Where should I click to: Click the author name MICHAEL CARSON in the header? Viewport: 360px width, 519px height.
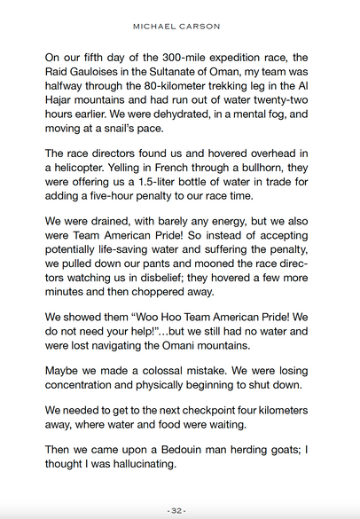(x=180, y=26)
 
